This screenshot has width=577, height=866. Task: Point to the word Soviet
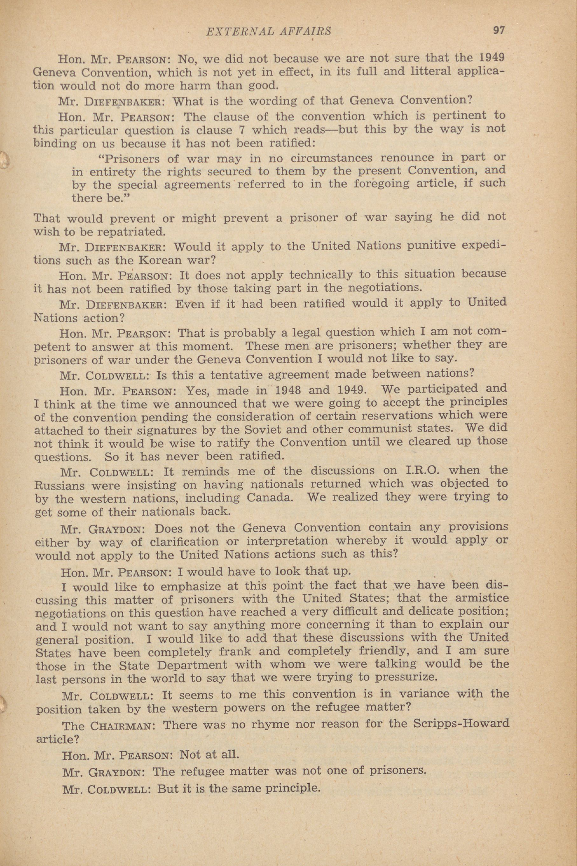[x=240, y=429]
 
